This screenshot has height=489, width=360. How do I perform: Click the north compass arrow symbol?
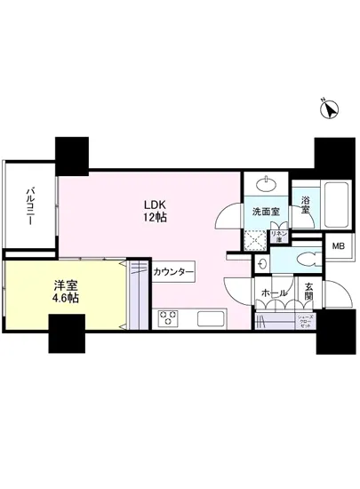point(330,110)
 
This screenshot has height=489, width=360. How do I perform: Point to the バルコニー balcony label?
point(30,206)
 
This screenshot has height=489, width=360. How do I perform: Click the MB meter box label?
point(339,247)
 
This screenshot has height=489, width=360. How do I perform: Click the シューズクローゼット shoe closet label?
point(306,321)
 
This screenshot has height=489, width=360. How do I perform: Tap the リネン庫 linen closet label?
point(277,238)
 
